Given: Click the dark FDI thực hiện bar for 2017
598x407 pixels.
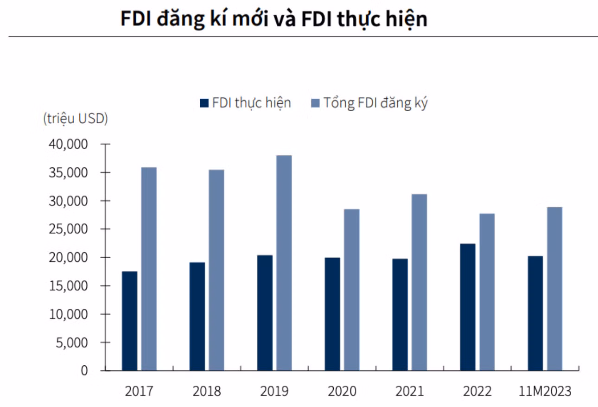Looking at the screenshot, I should (129, 321).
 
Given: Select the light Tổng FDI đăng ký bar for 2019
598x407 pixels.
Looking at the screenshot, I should (284, 263).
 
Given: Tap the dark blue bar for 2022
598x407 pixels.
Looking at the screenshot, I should (467, 307).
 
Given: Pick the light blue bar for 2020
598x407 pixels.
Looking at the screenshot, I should (351, 290).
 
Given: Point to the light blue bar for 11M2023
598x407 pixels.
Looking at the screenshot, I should (554, 289).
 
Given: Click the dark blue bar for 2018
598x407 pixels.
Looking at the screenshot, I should (197, 316).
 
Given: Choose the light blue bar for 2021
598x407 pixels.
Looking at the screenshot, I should (419, 282).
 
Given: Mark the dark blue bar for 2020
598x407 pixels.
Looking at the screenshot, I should (332, 314).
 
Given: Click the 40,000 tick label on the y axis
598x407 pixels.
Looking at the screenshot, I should (68, 144).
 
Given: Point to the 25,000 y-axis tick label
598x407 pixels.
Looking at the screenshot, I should (68, 229).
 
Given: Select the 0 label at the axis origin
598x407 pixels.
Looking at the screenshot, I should (84, 370).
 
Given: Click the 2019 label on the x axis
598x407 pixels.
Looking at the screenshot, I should (274, 391).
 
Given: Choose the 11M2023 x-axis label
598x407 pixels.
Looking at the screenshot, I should (545, 391).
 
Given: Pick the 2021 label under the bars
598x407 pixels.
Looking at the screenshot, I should (409, 391).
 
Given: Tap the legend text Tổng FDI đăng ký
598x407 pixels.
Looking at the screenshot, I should (375, 103).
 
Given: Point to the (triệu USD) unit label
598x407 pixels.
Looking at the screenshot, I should (76, 119).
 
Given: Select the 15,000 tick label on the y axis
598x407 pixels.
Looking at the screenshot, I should (68, 286).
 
